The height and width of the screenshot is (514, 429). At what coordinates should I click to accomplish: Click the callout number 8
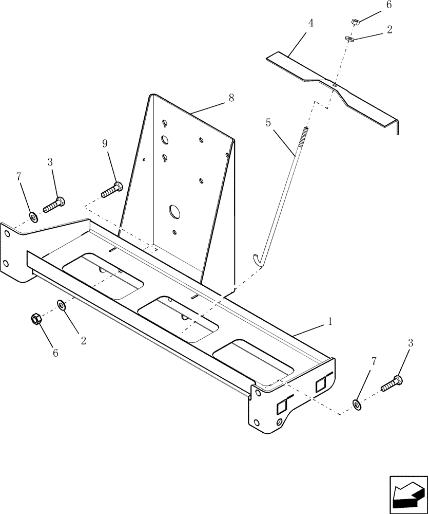231,98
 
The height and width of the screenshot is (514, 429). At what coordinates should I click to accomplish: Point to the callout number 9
105,144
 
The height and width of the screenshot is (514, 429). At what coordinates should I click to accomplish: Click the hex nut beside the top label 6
355,22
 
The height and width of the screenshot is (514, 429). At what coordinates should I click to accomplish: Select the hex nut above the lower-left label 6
35,319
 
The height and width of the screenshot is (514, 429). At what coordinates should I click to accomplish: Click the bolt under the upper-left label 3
53,204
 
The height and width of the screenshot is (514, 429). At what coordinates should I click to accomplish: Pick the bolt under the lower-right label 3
392,383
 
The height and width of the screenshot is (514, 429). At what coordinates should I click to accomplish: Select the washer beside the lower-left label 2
62,306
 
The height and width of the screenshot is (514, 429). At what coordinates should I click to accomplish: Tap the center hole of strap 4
334,85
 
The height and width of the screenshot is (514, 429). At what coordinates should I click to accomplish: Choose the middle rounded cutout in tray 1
179,319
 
